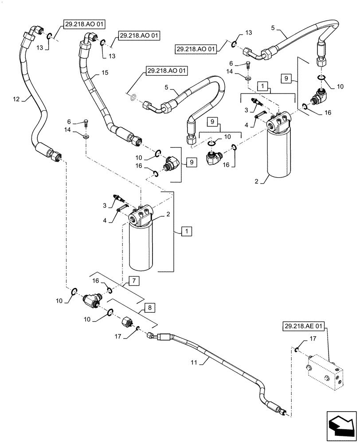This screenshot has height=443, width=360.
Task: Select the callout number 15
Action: [105, 72]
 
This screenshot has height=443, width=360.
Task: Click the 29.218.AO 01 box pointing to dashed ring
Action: [166, 70]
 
